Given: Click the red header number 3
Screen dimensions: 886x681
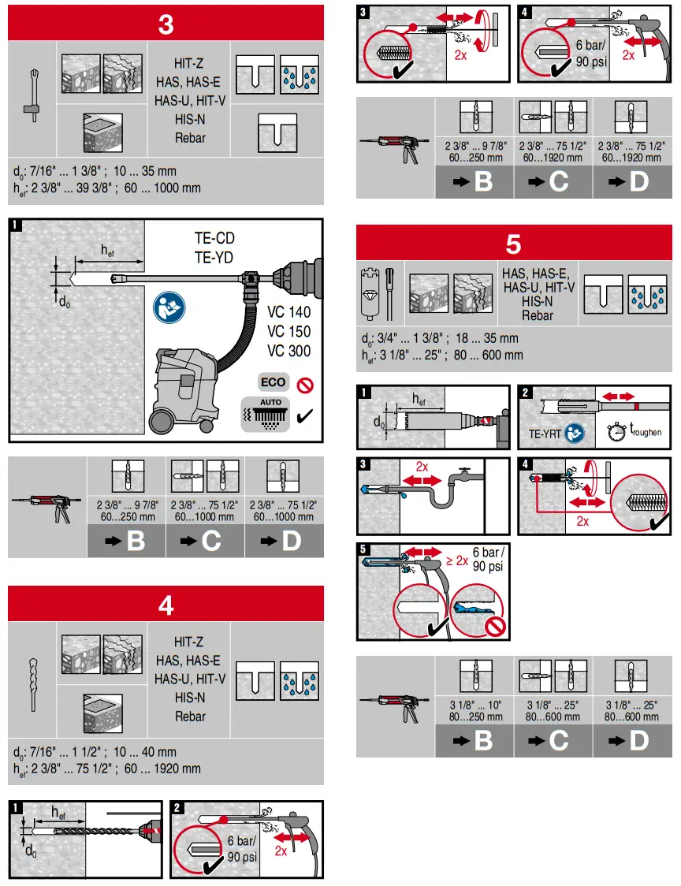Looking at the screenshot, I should (x=166, y=24).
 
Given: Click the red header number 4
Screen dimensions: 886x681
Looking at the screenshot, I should (x=166, y=605).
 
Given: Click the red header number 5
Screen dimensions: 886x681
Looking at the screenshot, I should (x=513, y=244).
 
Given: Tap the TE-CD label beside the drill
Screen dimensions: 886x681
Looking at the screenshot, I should (x=214, y=238).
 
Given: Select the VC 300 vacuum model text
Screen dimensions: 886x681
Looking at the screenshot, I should (x=288, y=351).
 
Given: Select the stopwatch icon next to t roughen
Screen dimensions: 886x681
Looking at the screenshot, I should (x=615, y=431).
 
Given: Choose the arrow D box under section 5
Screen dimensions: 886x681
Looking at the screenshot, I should (x=632, y=741).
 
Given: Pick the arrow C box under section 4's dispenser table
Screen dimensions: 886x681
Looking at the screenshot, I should (x=553, y=181).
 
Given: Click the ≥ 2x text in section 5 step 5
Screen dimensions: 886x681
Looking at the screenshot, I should (x=456, y=561).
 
